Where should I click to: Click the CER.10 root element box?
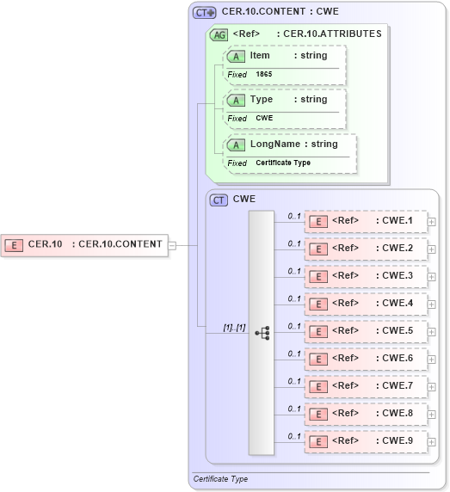[x=83, y=244]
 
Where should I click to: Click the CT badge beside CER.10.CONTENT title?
[x=204, y=13]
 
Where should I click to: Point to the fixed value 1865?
[x=264, y=75]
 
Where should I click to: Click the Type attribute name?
[x=261, y=100]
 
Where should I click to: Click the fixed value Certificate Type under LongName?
[x=283, y=163]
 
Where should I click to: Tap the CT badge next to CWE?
[x=219, y=200]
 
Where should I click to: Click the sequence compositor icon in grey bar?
[x=262, y=331]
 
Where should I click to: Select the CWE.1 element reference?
[x=366, y=221]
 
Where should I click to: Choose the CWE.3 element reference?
[x=366, y=276]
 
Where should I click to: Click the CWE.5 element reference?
[x=366, y=331]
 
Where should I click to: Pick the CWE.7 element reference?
[x=366, y=386]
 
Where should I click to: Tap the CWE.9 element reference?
[x=366, y=441]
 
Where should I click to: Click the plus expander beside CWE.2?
[x=432, y=249]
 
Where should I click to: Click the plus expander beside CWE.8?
[x=432, y=415]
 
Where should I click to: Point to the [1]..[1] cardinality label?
[x=234, y=328]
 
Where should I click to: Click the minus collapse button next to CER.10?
[x=173, y=244]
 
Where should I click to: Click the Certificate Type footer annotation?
[x=221, y=479]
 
